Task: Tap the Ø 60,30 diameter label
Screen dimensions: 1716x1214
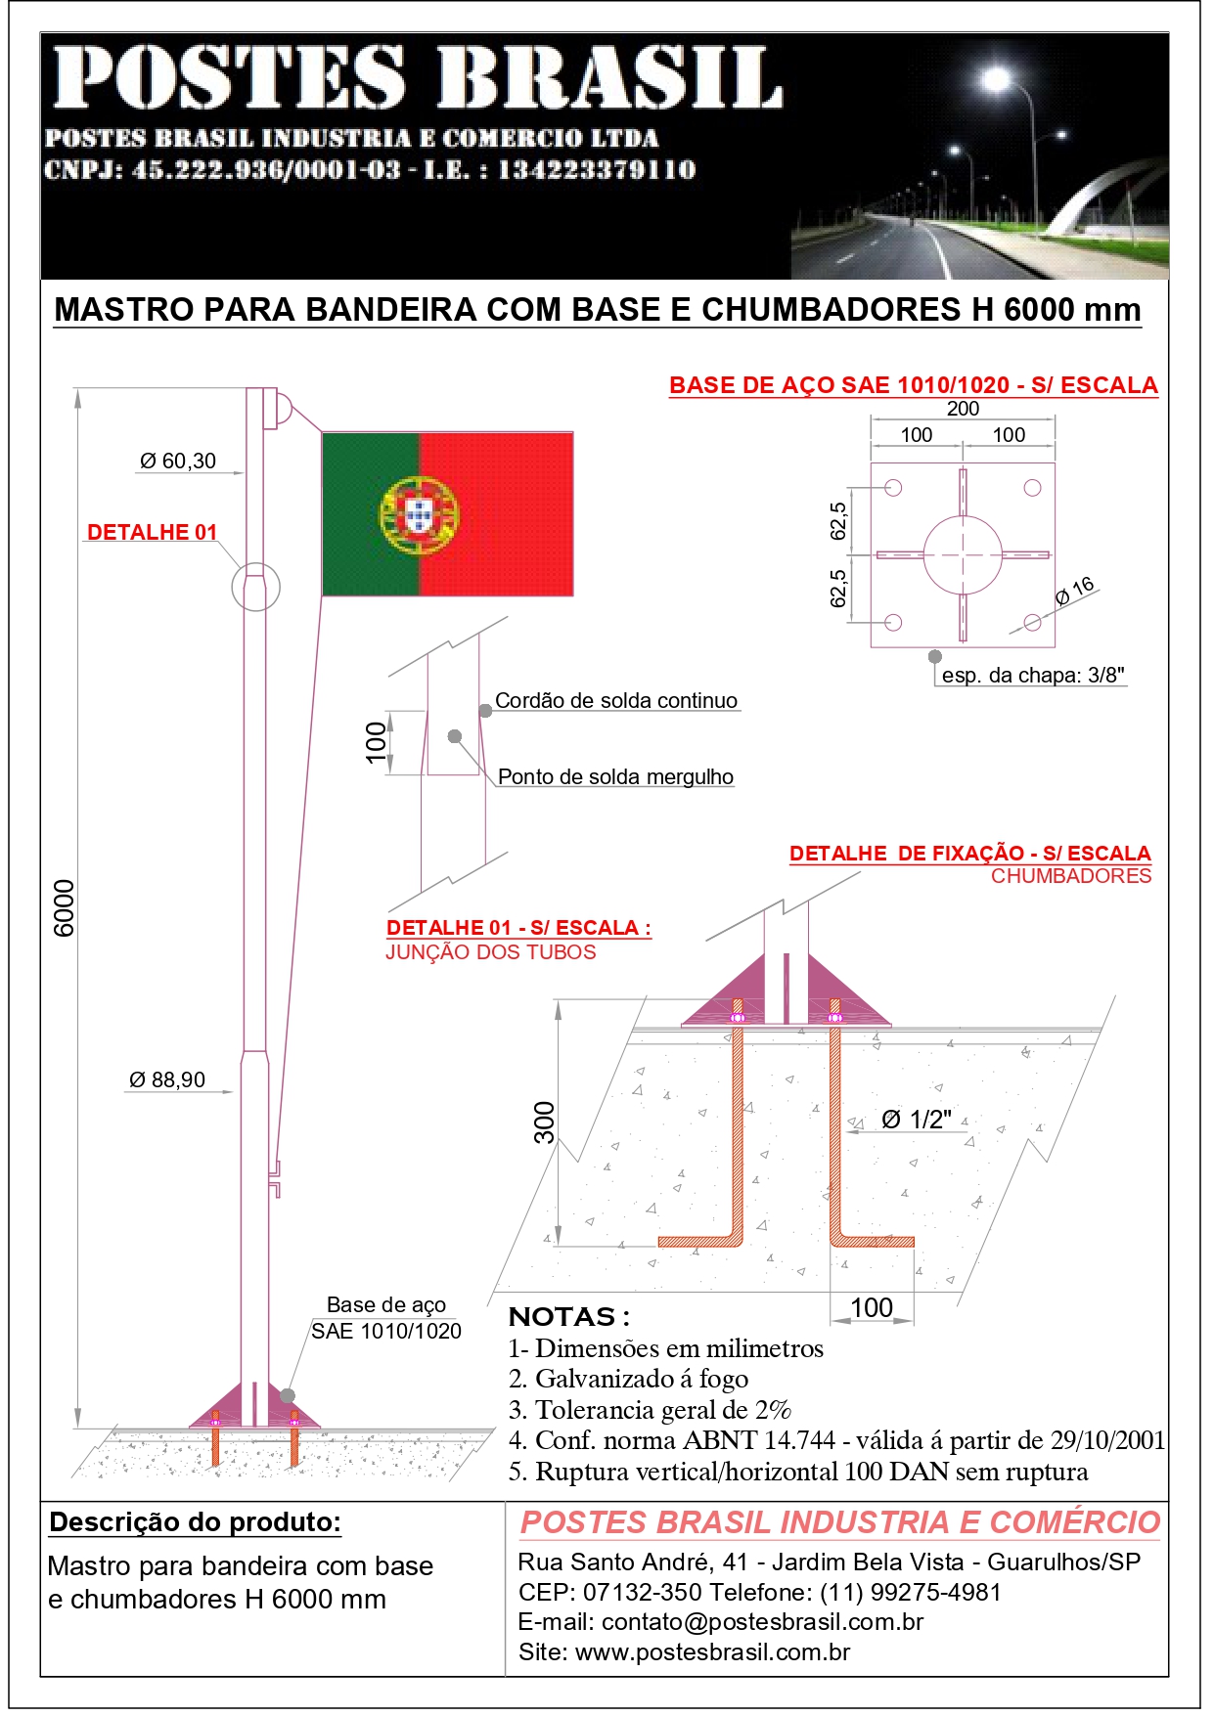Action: (178, 462)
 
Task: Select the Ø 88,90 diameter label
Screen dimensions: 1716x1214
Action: (167, 1080)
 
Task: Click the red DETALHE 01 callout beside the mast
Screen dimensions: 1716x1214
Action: (152, 533)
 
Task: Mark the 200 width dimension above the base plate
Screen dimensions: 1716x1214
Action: (963, 409)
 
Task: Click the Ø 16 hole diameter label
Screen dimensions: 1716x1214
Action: (1075, 591)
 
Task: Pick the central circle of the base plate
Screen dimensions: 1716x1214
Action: (963, 554)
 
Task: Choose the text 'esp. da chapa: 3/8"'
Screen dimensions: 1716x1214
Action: (1033, 676)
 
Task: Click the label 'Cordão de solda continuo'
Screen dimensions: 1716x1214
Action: (616, 701)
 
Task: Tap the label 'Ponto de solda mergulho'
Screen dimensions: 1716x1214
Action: (615, 777)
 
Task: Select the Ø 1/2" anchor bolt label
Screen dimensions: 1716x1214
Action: (917, 1121)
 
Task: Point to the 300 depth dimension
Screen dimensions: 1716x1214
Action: (544, 1122)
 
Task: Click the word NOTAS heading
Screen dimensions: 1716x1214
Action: (563, 1317)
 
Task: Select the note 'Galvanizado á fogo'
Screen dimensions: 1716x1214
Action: (642, 1380)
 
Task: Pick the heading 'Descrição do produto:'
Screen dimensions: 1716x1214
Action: (195, 1522)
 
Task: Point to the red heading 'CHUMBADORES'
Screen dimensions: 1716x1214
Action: (1071, 876)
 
